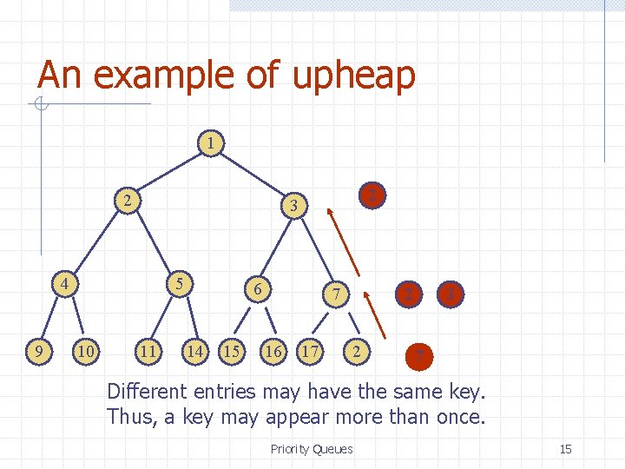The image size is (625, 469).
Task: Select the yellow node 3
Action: point(295,206)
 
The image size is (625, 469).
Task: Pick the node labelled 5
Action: point(179,283)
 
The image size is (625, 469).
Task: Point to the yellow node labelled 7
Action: point(336,295)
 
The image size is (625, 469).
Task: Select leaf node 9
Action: point(37,352)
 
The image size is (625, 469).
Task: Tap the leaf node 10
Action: point(85,352)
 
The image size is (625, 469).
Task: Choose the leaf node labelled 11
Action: point(148,352)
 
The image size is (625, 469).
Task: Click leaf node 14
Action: point(196,352)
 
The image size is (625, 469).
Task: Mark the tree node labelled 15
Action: point(232,352)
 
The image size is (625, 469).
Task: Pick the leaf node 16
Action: point(274,352)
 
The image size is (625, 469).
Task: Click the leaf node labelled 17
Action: point(310,352)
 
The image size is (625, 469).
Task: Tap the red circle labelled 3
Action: point(450,295)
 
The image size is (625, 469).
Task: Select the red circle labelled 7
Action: point(420,355)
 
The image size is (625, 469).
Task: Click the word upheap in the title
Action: point(354,76)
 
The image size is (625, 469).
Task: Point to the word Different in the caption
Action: point(152,391)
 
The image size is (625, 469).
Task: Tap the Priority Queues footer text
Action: point(312,449)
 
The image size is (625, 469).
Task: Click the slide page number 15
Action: point(565,449)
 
